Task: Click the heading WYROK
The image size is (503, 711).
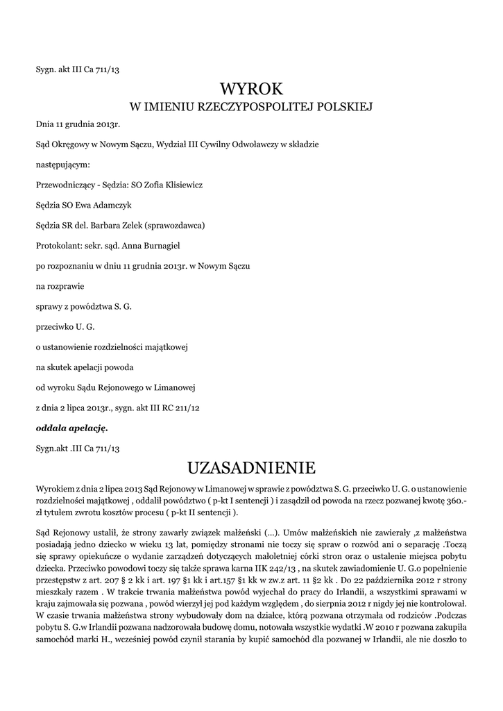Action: pos(251,88)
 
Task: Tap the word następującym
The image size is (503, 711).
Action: pos(62,165)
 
